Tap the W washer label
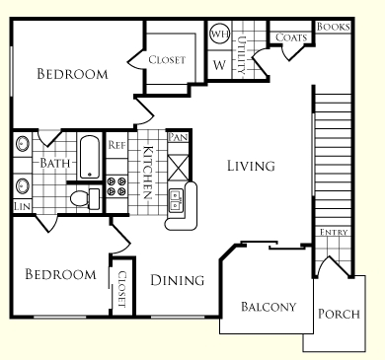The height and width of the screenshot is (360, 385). (x=219, y=65)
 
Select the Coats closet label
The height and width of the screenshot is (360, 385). (x=291, y=37)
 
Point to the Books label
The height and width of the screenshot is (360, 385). (x=333, y=27)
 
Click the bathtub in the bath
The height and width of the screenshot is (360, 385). (x=90, y=157)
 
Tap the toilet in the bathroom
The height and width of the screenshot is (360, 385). (x=85, y=198)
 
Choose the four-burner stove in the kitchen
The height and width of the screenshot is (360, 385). (x=116, y=186)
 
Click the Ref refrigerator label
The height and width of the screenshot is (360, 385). (x=117, y=145)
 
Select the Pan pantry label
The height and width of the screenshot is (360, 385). (x=178, y=137)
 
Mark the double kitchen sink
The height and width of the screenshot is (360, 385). (x=176, y=200)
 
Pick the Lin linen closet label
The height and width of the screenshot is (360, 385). (x=23, y=206)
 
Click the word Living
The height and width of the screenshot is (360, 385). (x=251, y=166)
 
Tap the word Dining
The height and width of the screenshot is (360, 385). (x=178, y=280)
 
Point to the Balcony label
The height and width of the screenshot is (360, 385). (x=269, y=307)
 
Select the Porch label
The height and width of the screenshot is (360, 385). (x=339, y=314)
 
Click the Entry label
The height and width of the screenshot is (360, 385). (x=334, y=232)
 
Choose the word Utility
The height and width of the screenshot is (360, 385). (x=242, y=55)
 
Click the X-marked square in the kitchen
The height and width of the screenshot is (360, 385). (x=178, y=168)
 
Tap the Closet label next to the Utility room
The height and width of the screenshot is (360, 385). (x=167, y=59)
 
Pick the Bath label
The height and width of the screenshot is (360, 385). (x=55, y=163)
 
